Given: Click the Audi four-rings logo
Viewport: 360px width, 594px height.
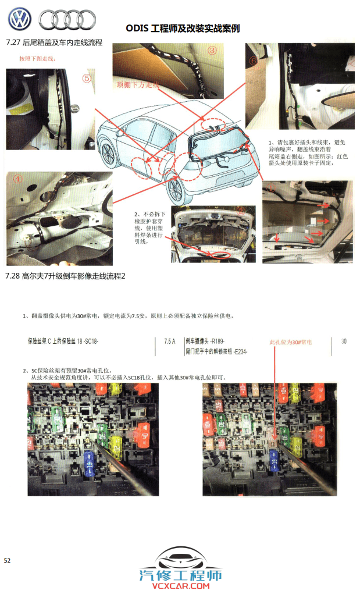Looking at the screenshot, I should (67, 20).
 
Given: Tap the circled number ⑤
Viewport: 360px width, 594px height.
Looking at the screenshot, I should (87, 78).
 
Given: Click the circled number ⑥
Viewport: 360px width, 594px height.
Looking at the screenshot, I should (253, 61).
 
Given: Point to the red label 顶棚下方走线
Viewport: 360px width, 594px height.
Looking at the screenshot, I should (137, 85).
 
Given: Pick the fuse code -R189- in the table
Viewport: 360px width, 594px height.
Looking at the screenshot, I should (217, 342).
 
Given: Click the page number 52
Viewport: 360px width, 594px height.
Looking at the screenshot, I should (8, 560).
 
